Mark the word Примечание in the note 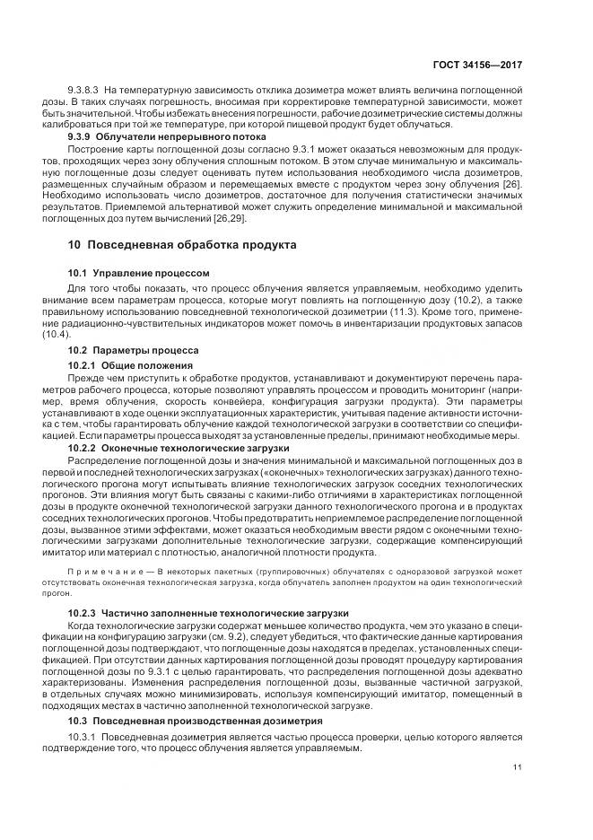tap(100, 572)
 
